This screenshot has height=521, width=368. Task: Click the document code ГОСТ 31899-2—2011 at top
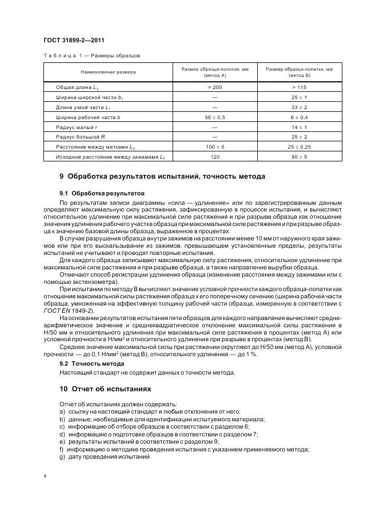[x=73, y=41]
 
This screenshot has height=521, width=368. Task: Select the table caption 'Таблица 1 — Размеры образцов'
[x=91, y=56]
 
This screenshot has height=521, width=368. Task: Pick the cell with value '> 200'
[x=215, y=87]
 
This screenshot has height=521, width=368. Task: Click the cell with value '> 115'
[x=299, y=87]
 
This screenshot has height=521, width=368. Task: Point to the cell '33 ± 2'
[x=299, y=107]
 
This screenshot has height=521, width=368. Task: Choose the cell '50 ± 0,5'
[x=215, y=117]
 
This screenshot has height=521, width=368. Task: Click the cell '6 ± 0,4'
[x=299, y=117]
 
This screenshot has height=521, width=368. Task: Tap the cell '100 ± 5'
[x=215, y=148]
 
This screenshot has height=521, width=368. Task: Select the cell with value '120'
[x=215, y=158]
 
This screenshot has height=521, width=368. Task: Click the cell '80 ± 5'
[x=299, y=158]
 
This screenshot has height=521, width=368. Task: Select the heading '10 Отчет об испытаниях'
[x=105, y=388]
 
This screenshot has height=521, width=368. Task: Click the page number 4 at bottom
[x=45, y=476]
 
